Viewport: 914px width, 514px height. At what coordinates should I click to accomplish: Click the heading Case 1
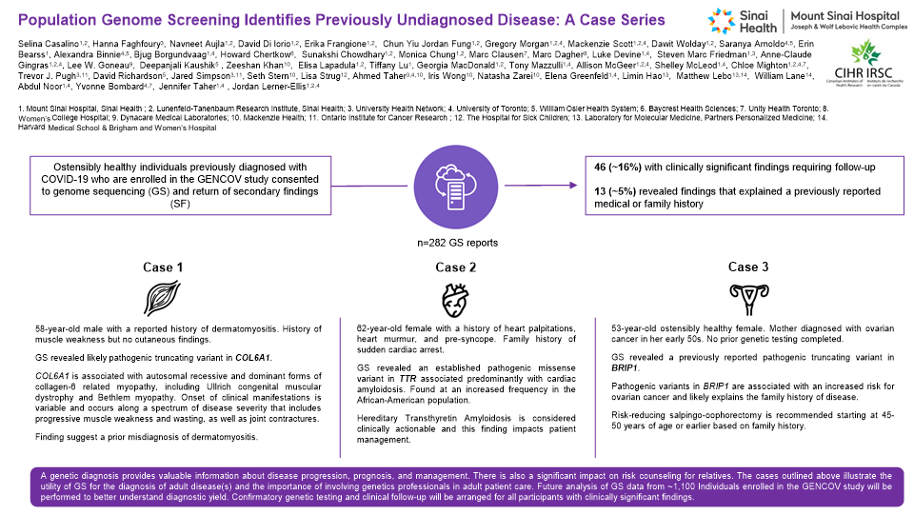pos(166,268)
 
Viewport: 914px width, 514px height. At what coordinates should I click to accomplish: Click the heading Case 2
pos(455,268)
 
